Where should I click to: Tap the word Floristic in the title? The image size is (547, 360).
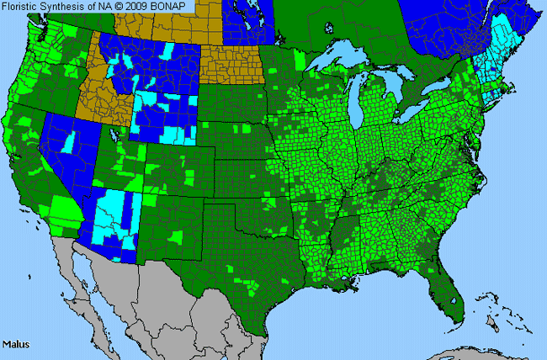(23, 6)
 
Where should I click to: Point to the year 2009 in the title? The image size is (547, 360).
(141, 6)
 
